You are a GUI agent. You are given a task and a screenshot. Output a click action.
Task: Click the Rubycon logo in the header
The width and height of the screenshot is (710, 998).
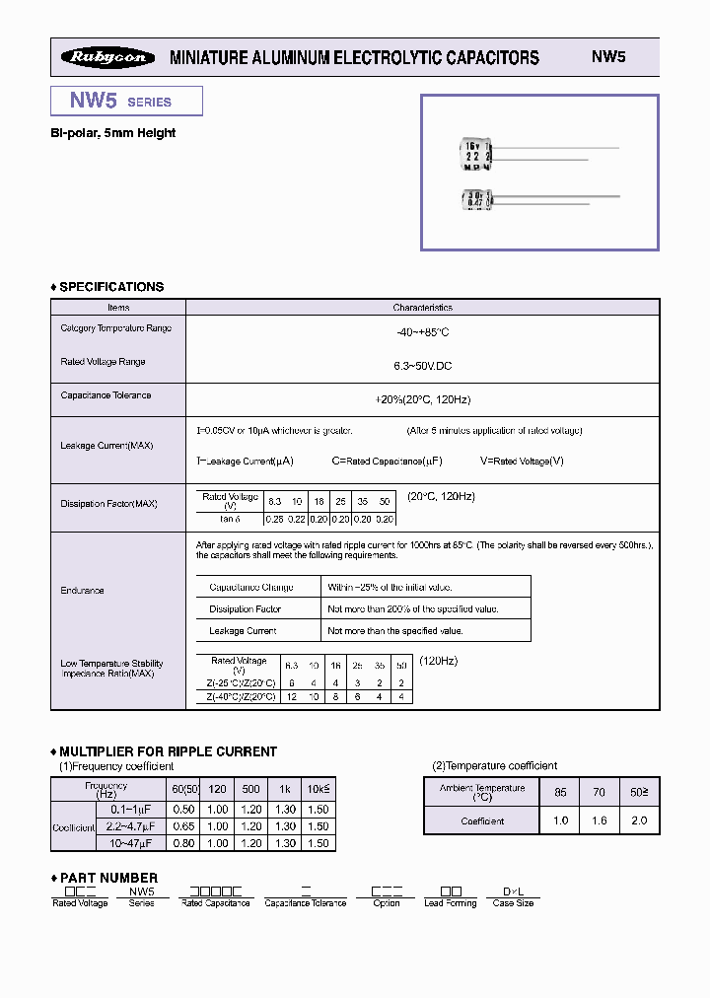[108, 57]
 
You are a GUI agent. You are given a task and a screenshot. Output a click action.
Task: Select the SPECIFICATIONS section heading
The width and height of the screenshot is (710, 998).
[110, 287]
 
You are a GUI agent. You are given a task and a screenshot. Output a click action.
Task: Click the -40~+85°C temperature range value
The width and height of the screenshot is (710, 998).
[422, 332]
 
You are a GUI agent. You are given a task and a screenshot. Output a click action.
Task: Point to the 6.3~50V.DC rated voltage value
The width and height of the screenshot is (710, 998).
[422, 366]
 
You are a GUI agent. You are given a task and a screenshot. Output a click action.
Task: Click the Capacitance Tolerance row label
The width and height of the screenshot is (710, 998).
[106, 395]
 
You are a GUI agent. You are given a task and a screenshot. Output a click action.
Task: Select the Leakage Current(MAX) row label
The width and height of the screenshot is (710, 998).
[106, 446]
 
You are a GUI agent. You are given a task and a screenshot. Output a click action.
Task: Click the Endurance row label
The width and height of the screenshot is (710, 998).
[82, 591]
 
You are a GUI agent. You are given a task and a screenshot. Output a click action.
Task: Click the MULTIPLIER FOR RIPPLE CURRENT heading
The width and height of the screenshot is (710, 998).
[168, 751]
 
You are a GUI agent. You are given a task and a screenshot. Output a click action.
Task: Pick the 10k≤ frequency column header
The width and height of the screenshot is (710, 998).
[318, 790]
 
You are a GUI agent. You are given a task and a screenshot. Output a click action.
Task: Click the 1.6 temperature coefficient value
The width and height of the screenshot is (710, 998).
[600, 820]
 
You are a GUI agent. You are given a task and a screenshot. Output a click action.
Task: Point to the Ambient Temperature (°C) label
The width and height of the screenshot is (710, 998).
[482, 792]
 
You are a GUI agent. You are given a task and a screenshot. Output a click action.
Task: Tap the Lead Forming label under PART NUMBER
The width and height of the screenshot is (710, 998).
[450, 903]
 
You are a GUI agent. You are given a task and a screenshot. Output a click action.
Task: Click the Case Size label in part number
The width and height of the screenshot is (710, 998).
[513, 903]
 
